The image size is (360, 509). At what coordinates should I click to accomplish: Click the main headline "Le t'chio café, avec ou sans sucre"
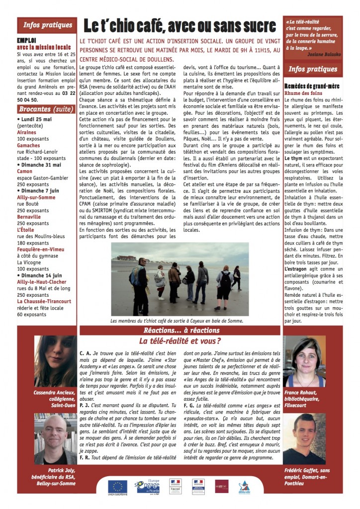point(179,26)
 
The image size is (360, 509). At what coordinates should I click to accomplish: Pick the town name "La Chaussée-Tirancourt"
point(44,301)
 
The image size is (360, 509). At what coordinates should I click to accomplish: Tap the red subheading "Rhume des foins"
point(303,93)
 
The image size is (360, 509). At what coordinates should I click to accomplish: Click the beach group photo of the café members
point(180,279)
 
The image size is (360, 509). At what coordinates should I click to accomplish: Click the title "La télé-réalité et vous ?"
point(180,341)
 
